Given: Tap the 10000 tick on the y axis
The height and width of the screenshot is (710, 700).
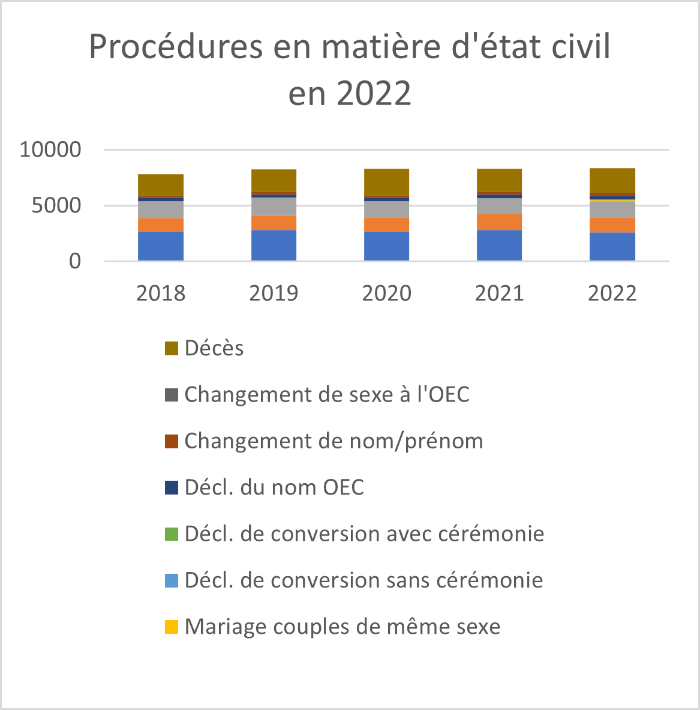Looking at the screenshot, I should (50, 149).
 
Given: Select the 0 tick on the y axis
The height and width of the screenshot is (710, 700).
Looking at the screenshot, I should (74, 262).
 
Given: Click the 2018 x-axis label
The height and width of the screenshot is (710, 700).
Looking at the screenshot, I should (161, 293).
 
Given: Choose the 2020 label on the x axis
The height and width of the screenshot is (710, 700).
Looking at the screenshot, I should (387, 293).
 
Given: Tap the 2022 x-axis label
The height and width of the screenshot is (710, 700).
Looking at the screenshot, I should (612, 293).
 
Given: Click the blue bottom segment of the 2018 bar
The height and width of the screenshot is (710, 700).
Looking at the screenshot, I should (161, 246).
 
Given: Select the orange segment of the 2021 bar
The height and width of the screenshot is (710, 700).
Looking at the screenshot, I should (499, 222).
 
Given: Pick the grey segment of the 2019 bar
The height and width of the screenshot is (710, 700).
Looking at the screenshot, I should (274, 206).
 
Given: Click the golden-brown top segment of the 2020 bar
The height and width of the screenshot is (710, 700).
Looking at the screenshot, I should (387, 182).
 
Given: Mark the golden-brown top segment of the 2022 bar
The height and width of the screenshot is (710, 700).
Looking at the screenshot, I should (612, 180).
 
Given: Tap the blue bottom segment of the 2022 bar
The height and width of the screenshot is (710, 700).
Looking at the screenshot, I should (612, 247).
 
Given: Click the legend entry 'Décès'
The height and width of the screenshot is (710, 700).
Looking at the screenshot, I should (214, 348).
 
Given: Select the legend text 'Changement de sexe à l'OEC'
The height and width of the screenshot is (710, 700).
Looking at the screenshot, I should (327, 394).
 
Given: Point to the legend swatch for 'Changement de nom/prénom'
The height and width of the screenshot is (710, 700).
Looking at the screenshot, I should (172, 441).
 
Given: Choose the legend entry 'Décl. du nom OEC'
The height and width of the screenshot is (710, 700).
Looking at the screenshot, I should (274, 487).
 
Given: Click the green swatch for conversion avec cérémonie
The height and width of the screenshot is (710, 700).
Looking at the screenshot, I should (172, 534).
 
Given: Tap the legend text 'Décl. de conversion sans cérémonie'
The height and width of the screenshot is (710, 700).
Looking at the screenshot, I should (364, 580).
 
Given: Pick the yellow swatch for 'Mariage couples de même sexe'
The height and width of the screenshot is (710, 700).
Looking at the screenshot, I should (172, 627).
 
